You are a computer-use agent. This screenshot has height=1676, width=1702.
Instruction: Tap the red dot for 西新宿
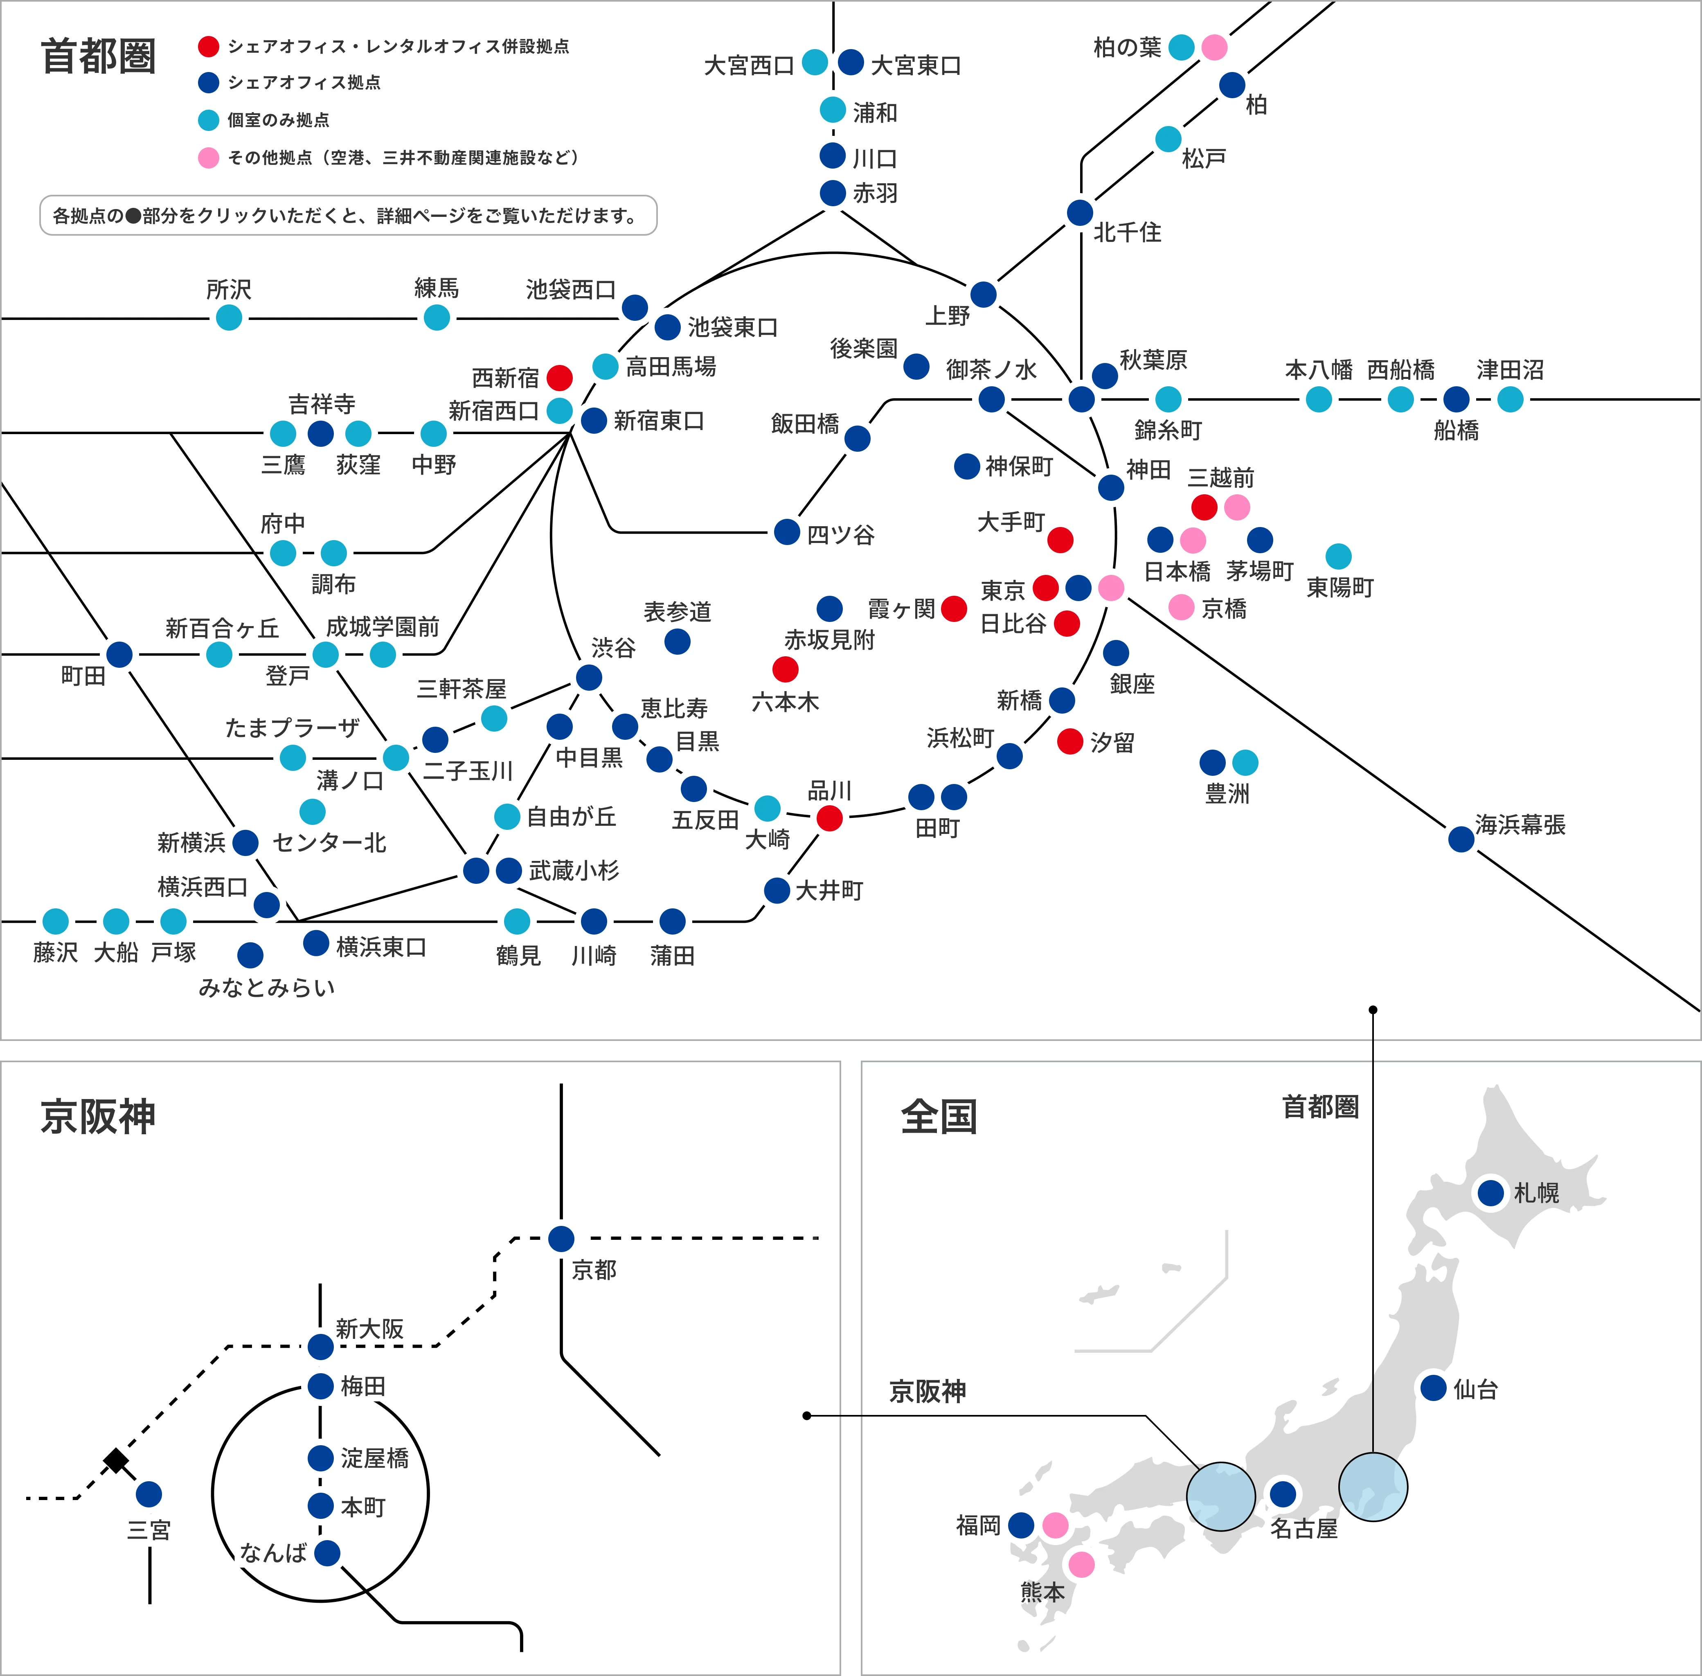click(x=560, y=378)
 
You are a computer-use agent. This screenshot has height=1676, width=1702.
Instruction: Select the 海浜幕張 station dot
click(x=1461, y=839)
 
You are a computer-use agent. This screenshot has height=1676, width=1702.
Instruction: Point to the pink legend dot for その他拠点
click(x=209, y=158)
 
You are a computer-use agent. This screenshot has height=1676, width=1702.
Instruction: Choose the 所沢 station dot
click(x=229, y=318)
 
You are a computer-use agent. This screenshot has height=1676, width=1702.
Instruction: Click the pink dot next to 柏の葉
click(x=1214, y=47)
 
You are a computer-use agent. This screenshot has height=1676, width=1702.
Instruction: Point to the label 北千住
click(x=1127, y=232)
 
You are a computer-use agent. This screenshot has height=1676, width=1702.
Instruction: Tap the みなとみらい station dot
click(x=250, y=955)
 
